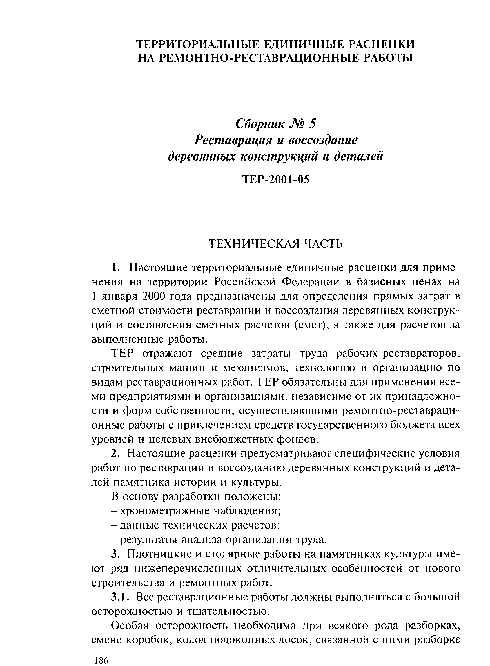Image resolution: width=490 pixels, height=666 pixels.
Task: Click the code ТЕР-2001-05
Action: (x=275, y=179)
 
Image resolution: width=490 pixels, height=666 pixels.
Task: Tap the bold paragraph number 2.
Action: (x=116, y=454)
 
